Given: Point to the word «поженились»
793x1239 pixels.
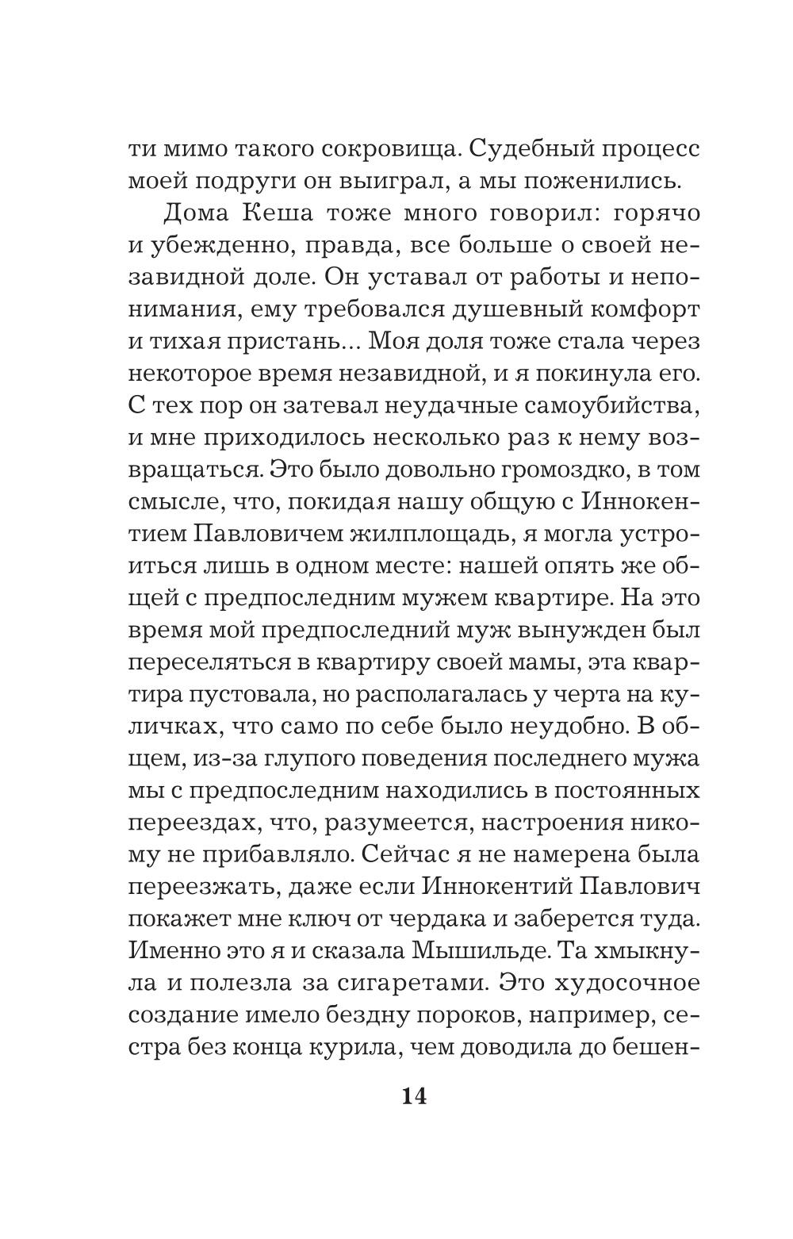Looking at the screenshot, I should [x=590, y=182].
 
